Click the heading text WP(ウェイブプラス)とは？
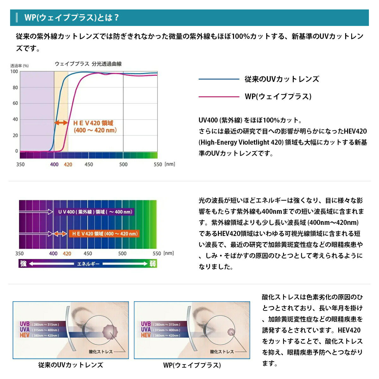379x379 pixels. pyautogui.click(x=72, y=17)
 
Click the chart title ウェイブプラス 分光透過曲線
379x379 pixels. pyautogui.click(x=88, y=64)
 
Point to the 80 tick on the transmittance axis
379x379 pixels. pyautogui.click(x=15, y=87)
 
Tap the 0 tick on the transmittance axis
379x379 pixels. pyautogui.click(x=16, y=151)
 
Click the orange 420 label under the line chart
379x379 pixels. pyautogui.click(x=68, y=165)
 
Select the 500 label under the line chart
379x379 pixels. pyautogui.click(x=123, y=165)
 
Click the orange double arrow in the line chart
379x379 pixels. pyautogui.click(x=61, y=123)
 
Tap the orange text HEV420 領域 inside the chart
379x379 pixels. pyautogui.click(x=93, y=123)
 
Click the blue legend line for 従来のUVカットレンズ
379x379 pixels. pyautogui.click(x=219, y=79)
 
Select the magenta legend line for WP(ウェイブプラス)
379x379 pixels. pyautogui.click(x=219, y=97)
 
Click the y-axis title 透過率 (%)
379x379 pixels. pyautogui.click(x=20, y=66)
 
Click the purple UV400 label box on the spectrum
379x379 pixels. pyautogui.click(x=95, y=212)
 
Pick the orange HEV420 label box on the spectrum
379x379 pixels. pyautogui.click(x=104, y=234)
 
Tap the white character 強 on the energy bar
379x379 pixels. pyautogui.click(x=23, y=263)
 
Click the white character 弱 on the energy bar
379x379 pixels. pyautogui.click(x=153, y=263)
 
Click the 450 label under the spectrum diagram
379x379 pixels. pyautogui.click(x=88, y=254)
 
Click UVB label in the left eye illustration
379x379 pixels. pyautogui.click(x=25, y=324)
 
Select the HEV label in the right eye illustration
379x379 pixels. pyautogui.click(x=146, y=335)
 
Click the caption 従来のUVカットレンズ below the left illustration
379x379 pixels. pyautogui.click(x=71, y=365)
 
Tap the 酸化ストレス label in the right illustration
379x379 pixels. pyautogui.click(x=222, y=352)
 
